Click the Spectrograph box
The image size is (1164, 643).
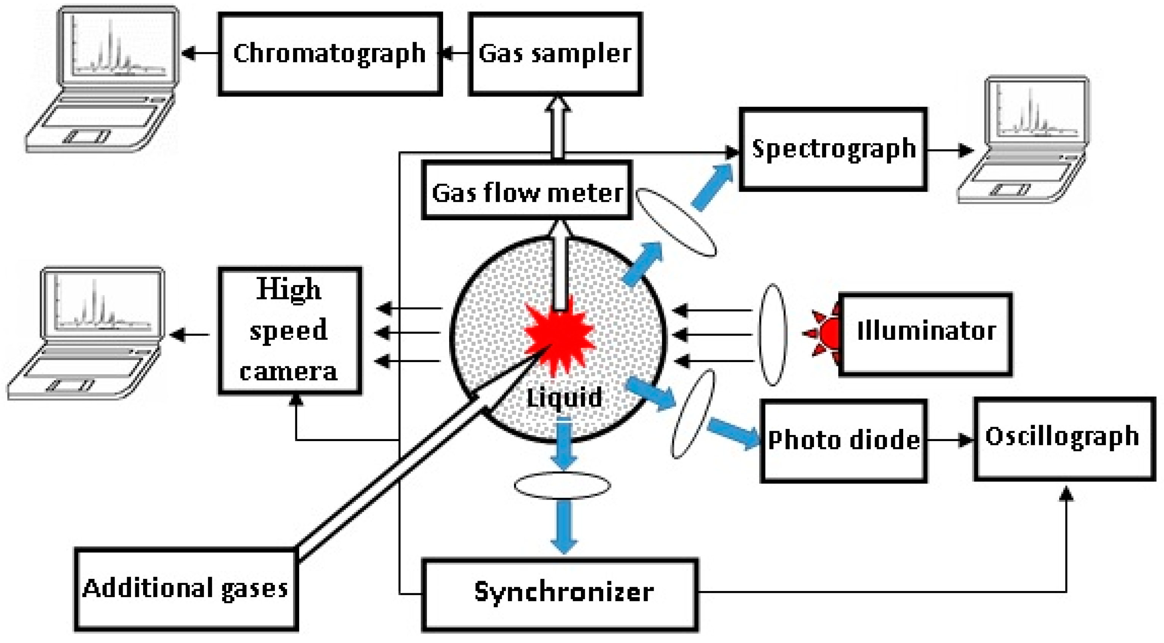(x=833, y=149)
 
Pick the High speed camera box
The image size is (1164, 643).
(x=290, y=331)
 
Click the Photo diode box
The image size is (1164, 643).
(x=843, y=441)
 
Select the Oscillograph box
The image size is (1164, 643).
(x=1063, y=438)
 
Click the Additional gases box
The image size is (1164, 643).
(x=186, y=589)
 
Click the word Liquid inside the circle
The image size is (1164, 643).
(x=564, y=398)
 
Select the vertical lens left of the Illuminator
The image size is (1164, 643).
(x=773, y=334)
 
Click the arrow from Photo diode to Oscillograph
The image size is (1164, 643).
(x=949, y=440)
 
